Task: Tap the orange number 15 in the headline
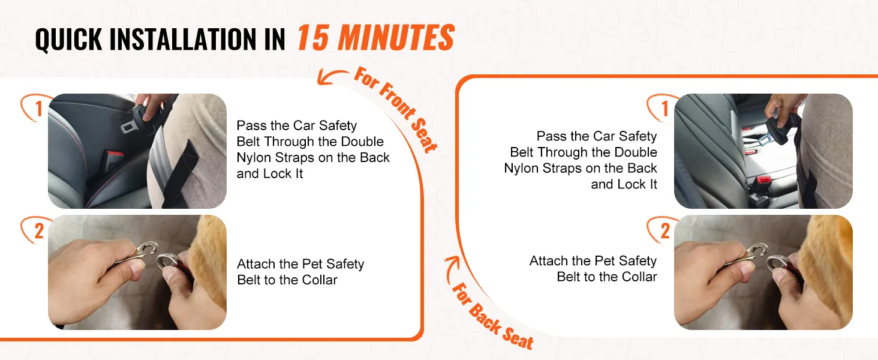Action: click(312, 37)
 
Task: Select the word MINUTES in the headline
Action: click(396, 37)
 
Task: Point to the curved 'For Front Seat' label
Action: click(396, 109)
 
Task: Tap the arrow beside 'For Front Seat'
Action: click(332, 76)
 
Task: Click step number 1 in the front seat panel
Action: click(38, 109)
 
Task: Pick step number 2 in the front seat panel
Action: click(39, 231)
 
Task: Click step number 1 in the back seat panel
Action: click(664, 109)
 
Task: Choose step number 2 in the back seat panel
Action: click(664, 231)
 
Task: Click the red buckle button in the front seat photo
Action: click(115, 154)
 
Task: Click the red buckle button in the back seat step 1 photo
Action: click(763, 180)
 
